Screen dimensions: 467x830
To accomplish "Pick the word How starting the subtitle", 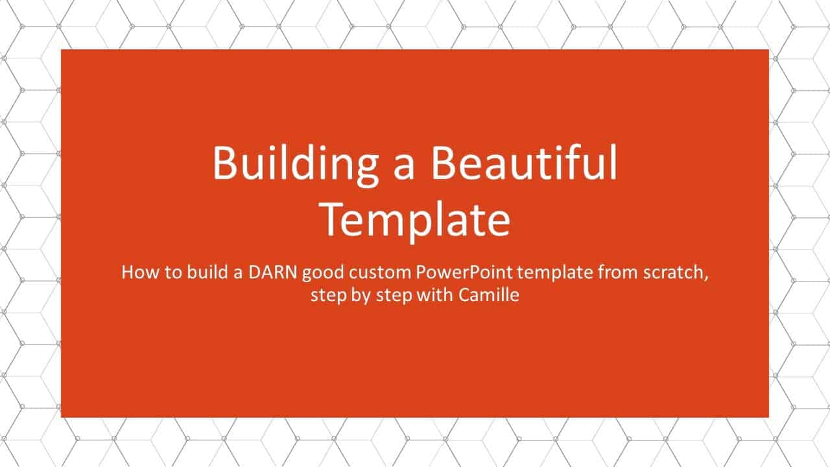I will point(137,272).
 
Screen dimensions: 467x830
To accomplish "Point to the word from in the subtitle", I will point(615,272).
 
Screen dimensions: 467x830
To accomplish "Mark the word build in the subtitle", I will point(202,272).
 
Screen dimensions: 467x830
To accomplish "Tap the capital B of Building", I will point(224,163).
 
